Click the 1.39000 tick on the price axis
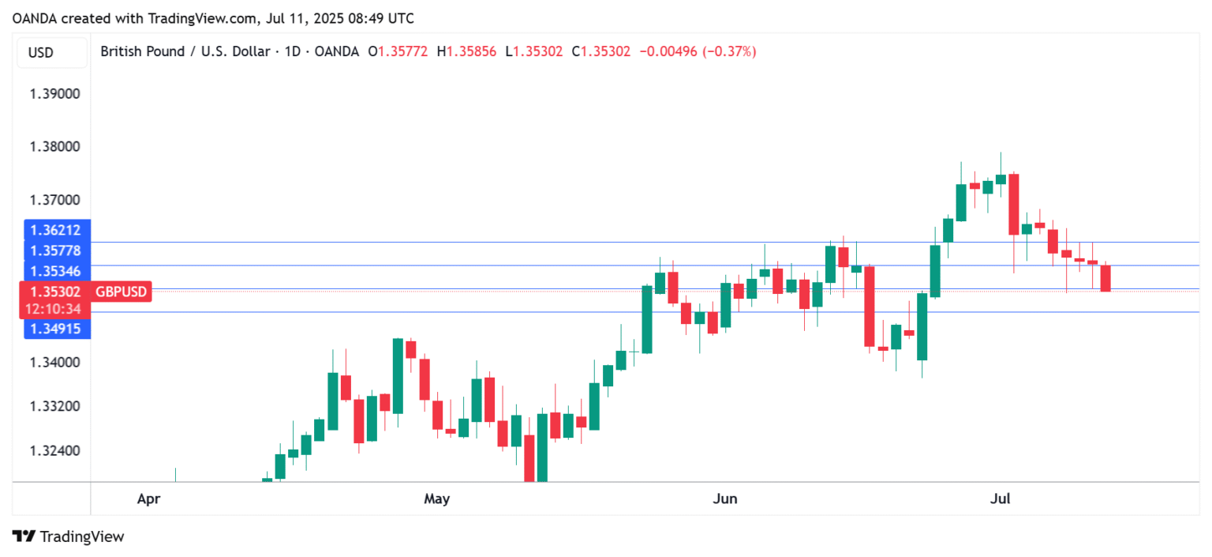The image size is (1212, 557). pyautogui.click(x=54, y=93)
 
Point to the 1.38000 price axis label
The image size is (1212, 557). pyautogui.click(x=54, y=146)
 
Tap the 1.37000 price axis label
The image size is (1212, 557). pyautogui.click(x=54, y=200)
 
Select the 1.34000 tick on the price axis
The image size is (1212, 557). pyautogui.click(x=54, y=363)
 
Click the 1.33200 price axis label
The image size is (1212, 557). pyautogui.click(x=54, y=406)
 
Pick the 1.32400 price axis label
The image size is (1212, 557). pyautogui.click(x=54, y=451)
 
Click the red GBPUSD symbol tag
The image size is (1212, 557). pyautogui.click(x=121, y=292)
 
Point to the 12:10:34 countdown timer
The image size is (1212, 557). pyautogui.click(x=54, y=309)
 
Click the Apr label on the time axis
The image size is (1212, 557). pyautogui.click(x=148, y=499)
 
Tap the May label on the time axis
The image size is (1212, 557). pyautogui.click(x=436, y=499)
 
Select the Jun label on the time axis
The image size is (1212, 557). pyautogui.click(x=724, y=499)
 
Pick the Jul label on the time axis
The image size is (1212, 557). pyautogui.click(x=1001, y=499)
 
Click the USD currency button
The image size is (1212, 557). pyautogui.click(x=40, y=53)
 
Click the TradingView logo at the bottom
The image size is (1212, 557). pyautogui.click(x=69, y=536)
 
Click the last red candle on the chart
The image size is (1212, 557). pyautogui.click(x=1105, y=278)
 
